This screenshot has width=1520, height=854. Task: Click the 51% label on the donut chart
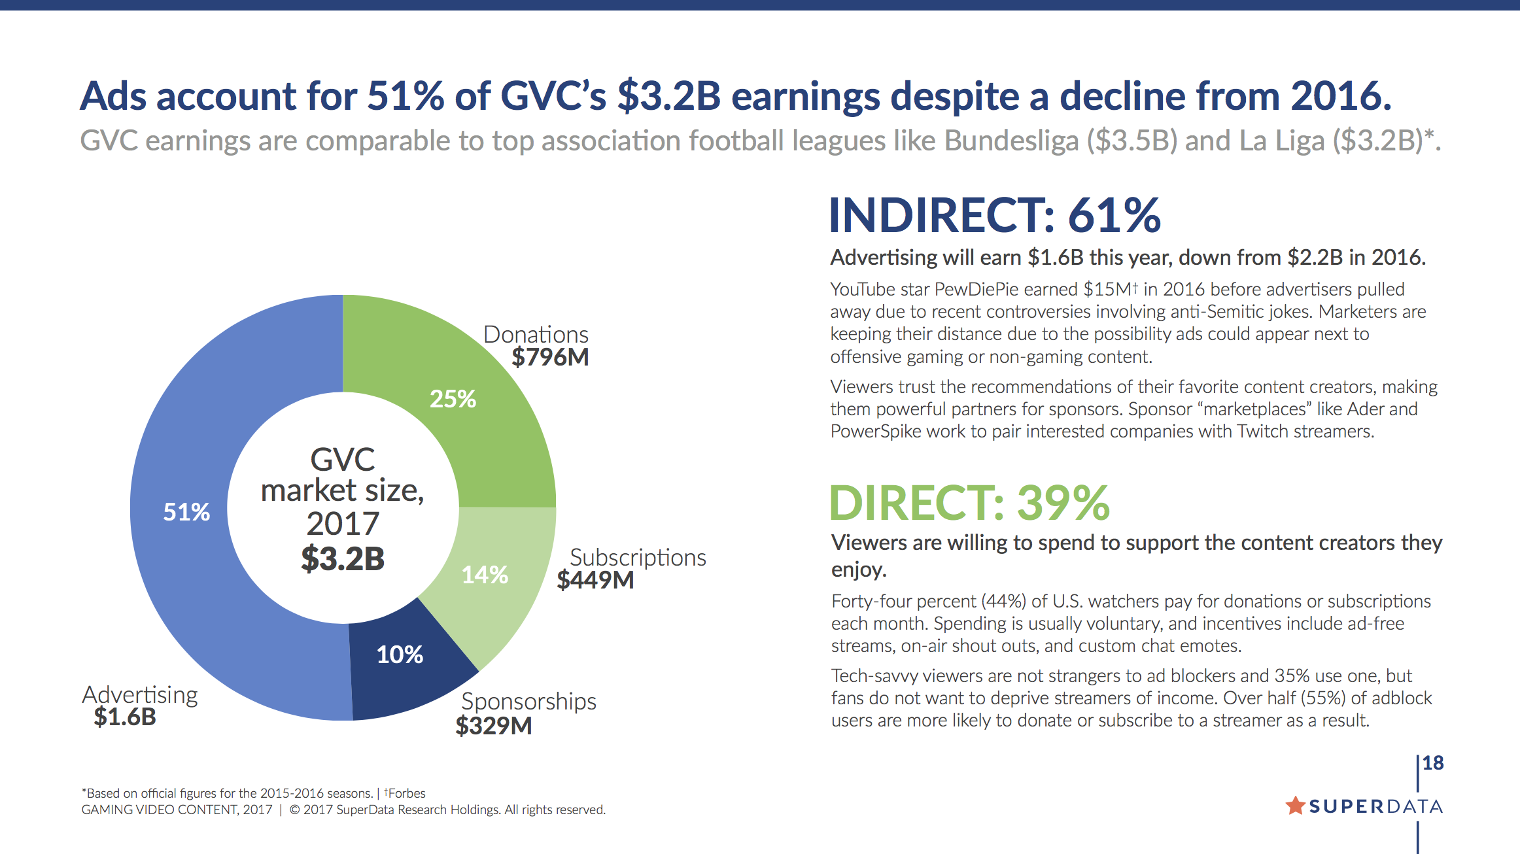pyautogui.click(x=186, y=511)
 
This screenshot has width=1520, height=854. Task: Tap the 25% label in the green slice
pyautogui.click(x=453, y=399)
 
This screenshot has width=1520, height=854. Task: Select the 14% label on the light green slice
pyautogui.click(x=485, y=575)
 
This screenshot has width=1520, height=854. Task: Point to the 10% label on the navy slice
pyautogui.click(x=400, y=655)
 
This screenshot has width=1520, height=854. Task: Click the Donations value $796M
pyautogui.click(x=550, y=358)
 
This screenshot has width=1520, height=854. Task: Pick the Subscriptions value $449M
pyautogui.click(x=595, y=580)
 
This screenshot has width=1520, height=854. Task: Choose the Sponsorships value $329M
pyautogui.click(x=494, y=726)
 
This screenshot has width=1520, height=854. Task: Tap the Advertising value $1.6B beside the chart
pyautogui.click(x=125, y=717)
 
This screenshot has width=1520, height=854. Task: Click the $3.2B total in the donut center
pyautogui.click(x=343, y=558)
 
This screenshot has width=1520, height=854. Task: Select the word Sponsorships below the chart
pyautogui.click(x=528, y=702)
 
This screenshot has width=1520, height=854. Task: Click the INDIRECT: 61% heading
pyautogui.click(x=994, y=215)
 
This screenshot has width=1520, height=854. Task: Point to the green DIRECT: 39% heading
pyautogui.click(x=969, y=503)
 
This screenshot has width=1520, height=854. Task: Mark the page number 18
pyautogui.click(x=1432, y=763)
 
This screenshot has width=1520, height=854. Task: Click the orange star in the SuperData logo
pyautogui.click(x=1295, y=806)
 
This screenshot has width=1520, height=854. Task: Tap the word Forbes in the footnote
pyautogui.click(x=407, y=793)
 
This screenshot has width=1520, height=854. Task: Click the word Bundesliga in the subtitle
pyautogui.click(x=1011, y=141)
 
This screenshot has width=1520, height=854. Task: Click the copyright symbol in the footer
pyautogui.click(x=294, y=810)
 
